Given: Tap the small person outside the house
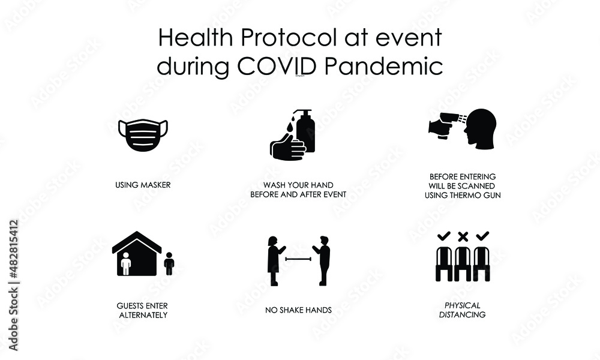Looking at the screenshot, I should click(169, 263).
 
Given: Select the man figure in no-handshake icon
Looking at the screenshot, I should click(324, 260).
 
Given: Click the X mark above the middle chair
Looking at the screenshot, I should click(463, 236).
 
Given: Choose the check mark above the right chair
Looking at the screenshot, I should click(482, 235).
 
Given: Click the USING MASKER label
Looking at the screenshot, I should click(143, 185).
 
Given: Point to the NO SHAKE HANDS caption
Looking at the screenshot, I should click(298, 310).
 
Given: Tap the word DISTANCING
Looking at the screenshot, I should click(462, 314).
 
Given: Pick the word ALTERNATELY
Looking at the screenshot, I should click(142, 314).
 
